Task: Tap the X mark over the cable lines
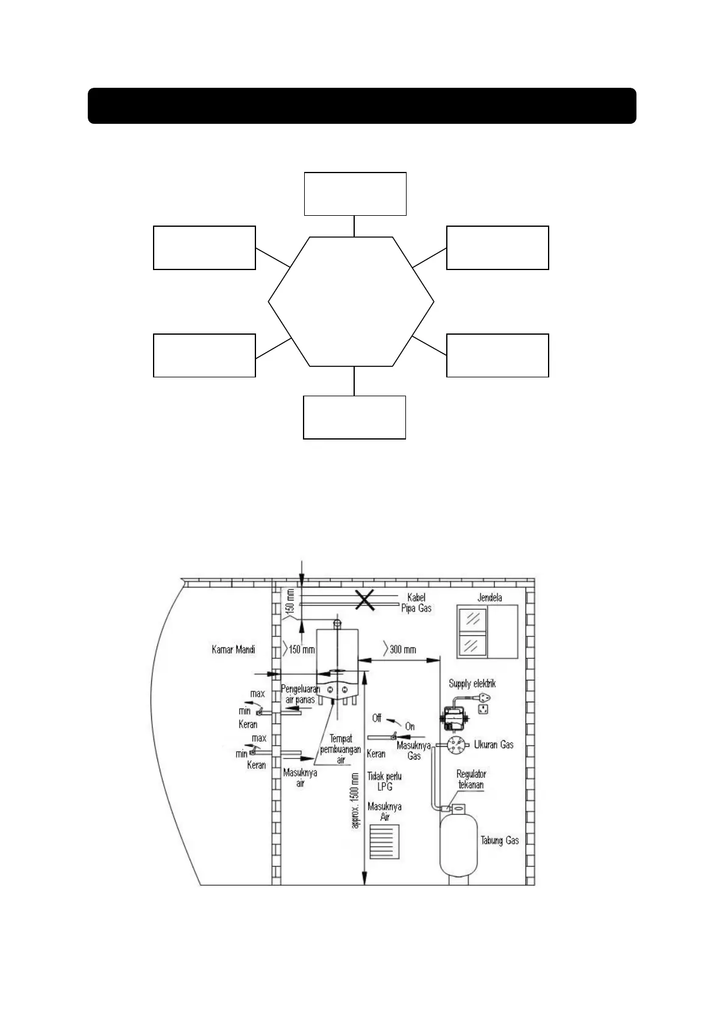click(365, 600)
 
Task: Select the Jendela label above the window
click(489, 597)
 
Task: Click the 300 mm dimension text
click(402, 649)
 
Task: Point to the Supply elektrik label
click(472, 684)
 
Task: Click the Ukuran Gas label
click(494, 744)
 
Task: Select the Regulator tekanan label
click(471, 779)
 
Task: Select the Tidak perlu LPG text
click(384, 782)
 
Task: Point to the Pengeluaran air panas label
click(301, 694)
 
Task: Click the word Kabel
click(416, 597)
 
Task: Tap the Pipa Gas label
click(416, 608)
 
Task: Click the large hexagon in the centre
click(351, 302)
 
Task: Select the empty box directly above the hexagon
click(355, 194)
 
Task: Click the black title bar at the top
click(362, 106)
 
